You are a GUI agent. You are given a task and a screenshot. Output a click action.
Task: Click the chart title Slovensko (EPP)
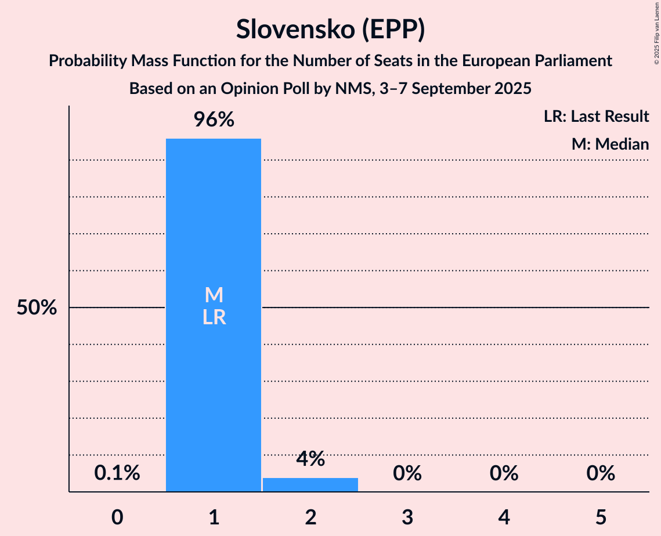(330, 30)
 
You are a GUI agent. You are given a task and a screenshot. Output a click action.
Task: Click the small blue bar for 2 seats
(310, 484)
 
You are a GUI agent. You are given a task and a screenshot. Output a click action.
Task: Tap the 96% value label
(214, 120)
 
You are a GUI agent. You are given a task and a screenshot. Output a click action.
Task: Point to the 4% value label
(310, 459)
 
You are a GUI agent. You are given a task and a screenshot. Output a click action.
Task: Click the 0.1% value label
(117, 473)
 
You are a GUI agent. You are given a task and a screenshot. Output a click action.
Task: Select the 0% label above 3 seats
(407, 473)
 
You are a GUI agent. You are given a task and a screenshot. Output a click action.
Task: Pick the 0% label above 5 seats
(600, 473)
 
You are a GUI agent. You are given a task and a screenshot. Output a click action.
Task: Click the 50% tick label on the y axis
(37, 308)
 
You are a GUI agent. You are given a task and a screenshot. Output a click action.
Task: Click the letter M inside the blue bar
(214, 295)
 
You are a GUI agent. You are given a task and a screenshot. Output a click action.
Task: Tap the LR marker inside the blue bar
(214, 318)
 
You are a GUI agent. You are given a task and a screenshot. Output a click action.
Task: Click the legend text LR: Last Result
(596, 117)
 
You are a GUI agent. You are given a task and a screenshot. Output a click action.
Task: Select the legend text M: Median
(610, 144)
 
